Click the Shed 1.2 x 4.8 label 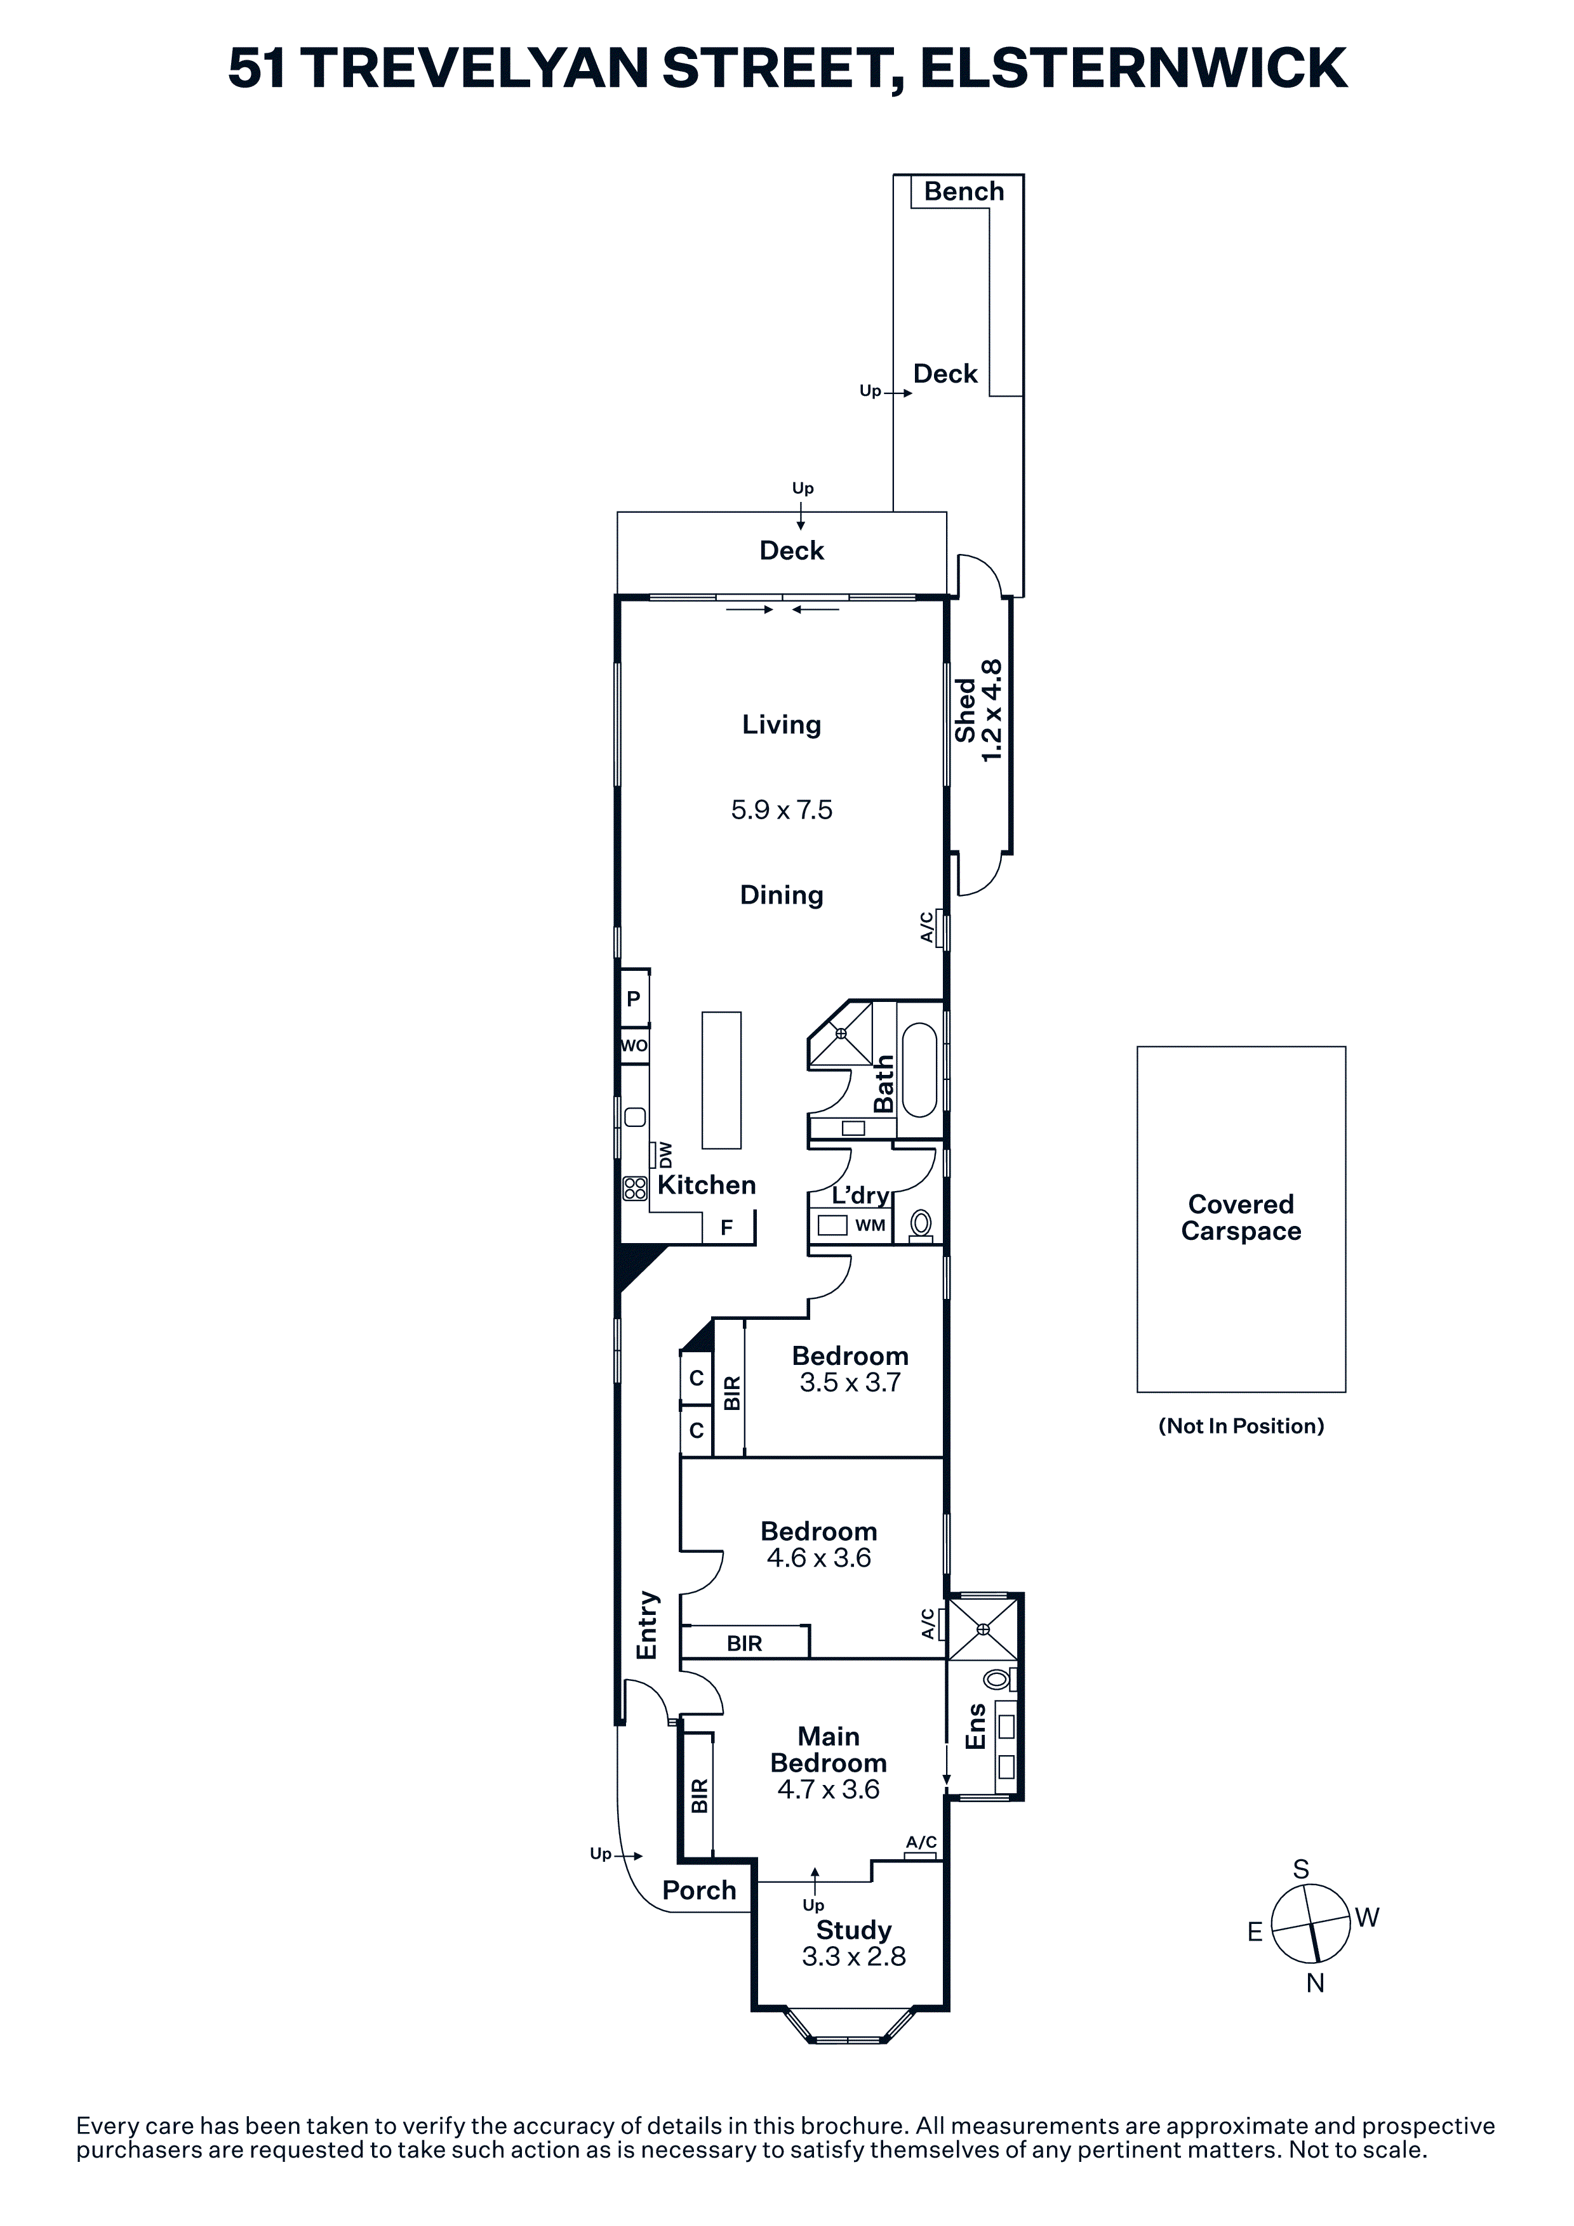click(x=978, y=711)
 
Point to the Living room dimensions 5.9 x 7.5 click(x=782, y=810)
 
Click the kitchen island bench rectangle click(x=721, y=1080)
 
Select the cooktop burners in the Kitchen click(x=635, y=1189)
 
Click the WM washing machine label click(x=870, y=1225)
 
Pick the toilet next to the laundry click(x=921, y=1225)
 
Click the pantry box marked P click(x=633, y=998)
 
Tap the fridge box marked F click(x=726, y=1227)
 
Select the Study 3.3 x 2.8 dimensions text click(x=853, y=1956)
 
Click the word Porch click(x=699, y=1890)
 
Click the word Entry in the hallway click(x=647, y=1625)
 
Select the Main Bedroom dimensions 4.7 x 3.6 click(x=828, y=1789)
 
